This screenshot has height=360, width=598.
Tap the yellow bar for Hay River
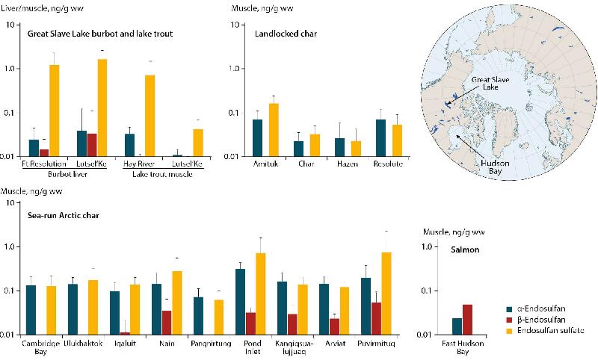coord(150,116)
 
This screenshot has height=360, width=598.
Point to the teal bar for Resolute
coord(381,138)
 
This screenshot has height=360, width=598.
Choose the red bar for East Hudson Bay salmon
coord(468,319)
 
